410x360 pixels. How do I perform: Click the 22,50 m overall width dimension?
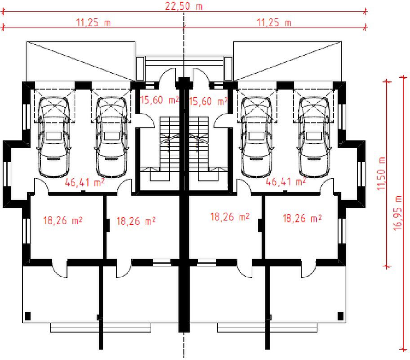(183, 6)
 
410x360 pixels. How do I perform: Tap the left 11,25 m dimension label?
(94, 22)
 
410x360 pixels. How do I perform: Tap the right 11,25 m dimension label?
(274, 22)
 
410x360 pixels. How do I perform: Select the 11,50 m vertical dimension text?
(382, 174)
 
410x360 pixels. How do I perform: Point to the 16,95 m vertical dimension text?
(397, 213)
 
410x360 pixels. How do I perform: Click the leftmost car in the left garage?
(54, 137)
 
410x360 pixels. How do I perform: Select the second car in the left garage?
(111, 137)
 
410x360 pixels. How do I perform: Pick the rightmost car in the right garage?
(314, 137)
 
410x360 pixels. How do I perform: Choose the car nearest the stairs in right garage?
(257, 137)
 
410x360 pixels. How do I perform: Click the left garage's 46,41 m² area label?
(85, 182)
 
